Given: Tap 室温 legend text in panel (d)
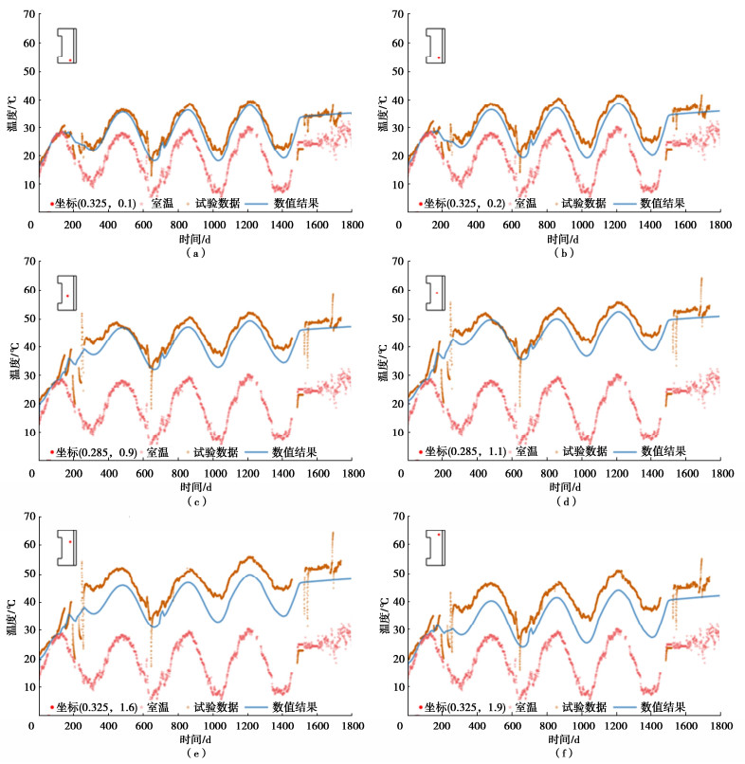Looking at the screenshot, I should coord(527,451).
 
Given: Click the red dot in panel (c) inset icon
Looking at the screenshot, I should coord(67,296).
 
